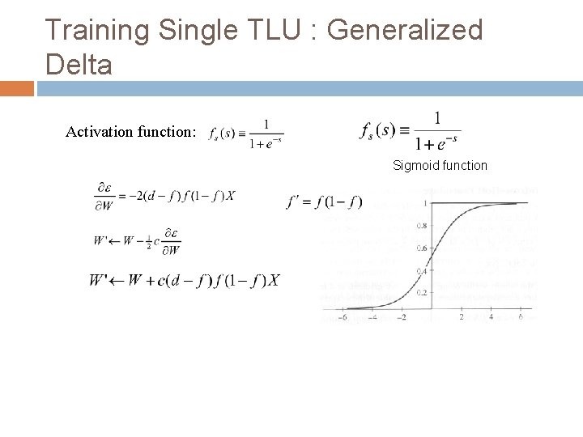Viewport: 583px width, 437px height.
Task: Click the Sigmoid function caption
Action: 440,165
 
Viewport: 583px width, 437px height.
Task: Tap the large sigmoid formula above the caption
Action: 410,131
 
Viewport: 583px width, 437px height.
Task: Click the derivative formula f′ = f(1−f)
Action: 324,202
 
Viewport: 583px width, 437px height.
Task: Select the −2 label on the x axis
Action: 402,316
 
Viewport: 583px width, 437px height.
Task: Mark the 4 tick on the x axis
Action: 491,316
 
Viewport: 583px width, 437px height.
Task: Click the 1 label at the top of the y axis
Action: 425,203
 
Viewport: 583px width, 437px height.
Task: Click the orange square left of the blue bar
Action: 16,87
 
